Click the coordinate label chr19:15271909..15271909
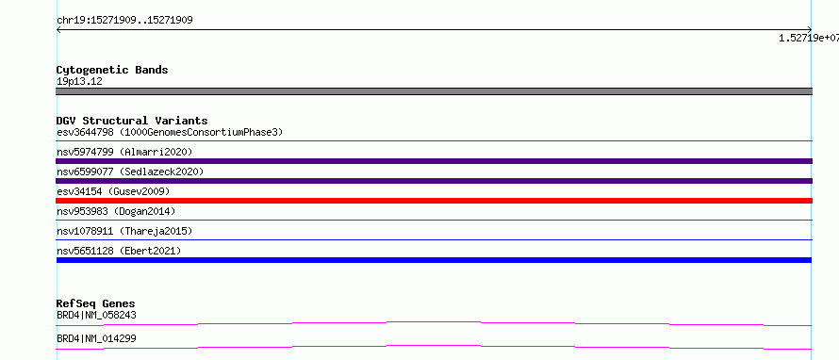click(124, 21)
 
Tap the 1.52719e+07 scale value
click(809, 38)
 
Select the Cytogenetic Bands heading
click(112, 70)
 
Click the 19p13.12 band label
click(79, 82)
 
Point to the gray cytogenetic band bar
click(434, 91)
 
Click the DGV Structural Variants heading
click(132, 121)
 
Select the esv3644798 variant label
click(85, 132)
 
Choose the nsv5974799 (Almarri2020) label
click(124, 152)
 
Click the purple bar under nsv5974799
click(434, 161)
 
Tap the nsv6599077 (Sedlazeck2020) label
click(130, 172)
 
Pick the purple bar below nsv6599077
click(434, 181)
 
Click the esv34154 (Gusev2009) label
click(113, 191)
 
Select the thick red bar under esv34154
click(434, 201)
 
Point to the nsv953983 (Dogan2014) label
click(116, 211)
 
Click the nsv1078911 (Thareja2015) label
click(124, 231)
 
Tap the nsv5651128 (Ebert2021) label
click(119, 251)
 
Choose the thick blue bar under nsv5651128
click(434, 260)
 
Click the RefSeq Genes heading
click(96, 304)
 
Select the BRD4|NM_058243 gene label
click(96, 315)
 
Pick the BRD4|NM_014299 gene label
click(96, 338)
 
